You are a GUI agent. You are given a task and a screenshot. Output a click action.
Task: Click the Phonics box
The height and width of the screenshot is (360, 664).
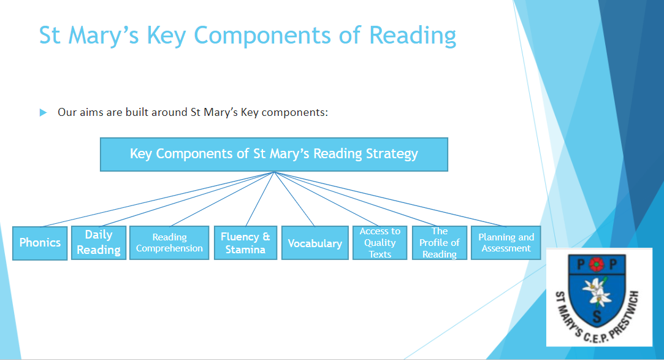coord(40,243)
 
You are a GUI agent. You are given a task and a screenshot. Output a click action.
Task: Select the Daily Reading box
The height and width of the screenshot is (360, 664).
coord(99,243)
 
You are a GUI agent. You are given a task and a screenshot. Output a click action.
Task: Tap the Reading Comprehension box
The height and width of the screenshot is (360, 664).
coord(169,243)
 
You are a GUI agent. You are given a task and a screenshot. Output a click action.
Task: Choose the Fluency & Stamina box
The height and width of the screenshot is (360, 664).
coord(246,243)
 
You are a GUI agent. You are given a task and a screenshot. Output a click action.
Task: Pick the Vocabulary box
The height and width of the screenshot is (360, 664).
coord(315,243)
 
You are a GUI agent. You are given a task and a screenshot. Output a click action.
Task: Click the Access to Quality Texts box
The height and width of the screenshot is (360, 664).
coord(380,243)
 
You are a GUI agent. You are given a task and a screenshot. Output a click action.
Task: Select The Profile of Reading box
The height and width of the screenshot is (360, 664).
coord(440,243)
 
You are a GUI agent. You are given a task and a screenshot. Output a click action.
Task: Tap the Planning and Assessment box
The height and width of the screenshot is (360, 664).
coord(506,243)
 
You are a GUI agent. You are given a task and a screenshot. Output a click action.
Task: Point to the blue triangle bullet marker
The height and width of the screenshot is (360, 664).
coord(43,113)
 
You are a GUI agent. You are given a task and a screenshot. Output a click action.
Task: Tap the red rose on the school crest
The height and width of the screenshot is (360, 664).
coord(596,265)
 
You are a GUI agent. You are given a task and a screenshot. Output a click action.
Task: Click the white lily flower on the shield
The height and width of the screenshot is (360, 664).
coord(597,292)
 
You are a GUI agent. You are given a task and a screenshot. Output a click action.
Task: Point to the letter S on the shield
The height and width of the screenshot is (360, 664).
coord(597,316)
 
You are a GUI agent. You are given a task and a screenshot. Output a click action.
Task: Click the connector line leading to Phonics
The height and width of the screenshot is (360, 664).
coord(158,199)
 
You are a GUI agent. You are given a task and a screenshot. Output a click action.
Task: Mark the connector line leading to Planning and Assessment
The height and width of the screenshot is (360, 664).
coord(390,199)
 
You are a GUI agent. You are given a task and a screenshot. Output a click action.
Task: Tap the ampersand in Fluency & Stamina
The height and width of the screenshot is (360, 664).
coord(266,236)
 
